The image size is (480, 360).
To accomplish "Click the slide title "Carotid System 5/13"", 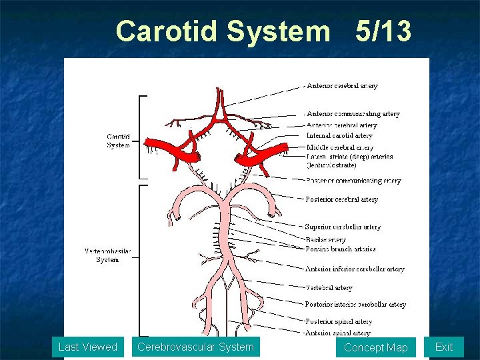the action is coord(264,31).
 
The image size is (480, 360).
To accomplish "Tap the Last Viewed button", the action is coord(87,347).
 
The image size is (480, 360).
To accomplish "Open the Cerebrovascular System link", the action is coord(195,347).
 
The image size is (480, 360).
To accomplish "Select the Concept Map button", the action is coord(375,347).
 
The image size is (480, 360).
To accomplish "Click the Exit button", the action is coord(443,347).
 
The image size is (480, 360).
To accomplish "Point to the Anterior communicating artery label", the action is coord(353,114).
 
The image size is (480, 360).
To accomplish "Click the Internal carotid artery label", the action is coord(339,136).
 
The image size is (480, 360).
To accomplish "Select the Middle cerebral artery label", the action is coord(340,147).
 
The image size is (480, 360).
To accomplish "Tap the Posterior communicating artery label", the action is coord(353,181).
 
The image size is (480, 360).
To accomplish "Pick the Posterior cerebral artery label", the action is coord(341,199).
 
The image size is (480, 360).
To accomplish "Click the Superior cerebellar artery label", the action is coord(343,227).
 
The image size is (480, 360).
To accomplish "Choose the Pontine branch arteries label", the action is coord(340,249).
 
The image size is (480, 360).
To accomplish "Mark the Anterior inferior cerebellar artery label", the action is coord(355,269).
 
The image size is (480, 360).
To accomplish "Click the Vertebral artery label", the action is coord(329,288).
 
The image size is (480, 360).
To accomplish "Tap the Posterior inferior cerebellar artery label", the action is coord(355,305).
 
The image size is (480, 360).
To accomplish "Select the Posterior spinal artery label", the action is coord(338,322).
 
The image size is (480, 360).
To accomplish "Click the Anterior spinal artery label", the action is coord(337,333).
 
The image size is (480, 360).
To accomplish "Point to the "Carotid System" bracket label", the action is coord(119,141).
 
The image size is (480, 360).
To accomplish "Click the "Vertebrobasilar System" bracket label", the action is coord(108,255).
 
